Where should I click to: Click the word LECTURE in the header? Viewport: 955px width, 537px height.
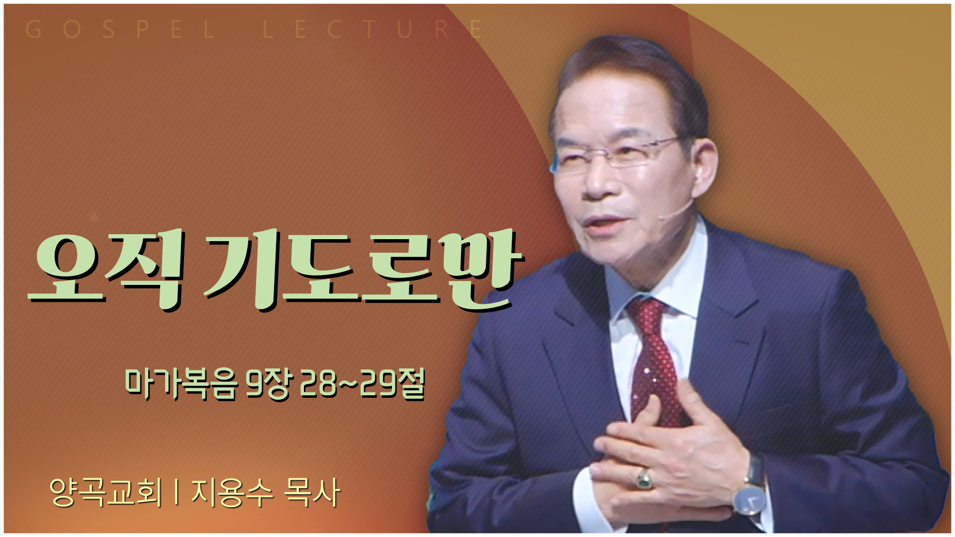click(x=373, y=30)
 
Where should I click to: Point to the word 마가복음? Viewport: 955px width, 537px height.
click(x=181, y=384)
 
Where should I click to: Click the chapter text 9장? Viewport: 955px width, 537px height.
click(x=267, y=384)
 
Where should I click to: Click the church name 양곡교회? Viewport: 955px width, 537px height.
click(x=106, y=492)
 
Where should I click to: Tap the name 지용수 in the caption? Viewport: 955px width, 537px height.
click(x=232, y=492)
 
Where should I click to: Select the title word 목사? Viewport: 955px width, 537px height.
click(x=312, y=492)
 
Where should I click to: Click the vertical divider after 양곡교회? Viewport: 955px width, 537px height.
click(x=177, y=492)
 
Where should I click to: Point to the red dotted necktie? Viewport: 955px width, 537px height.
click(x=656, y=363)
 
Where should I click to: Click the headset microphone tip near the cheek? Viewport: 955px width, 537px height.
click(x=663, y=217)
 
